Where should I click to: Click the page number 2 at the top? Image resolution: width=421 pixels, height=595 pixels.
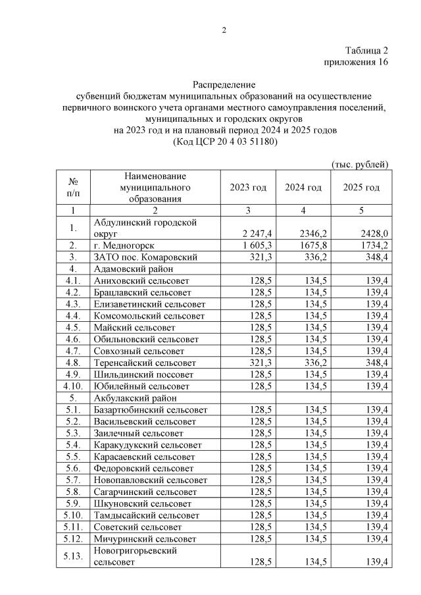click(x=224, y=30)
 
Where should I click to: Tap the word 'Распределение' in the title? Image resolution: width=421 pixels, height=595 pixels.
click(x=224, y=85)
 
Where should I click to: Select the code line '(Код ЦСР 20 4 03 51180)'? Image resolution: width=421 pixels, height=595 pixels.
click(x=224, y=141)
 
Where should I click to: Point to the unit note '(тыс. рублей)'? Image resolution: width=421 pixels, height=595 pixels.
click(x=359, y=164)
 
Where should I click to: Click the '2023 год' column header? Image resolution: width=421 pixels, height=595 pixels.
click(x=248, y=188)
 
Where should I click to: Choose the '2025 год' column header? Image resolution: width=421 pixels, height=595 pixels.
click(x=361, y=188)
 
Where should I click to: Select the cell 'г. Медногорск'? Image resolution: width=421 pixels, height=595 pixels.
click(x=124, y=245)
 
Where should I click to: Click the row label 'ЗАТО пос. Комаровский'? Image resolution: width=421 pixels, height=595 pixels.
click(x=145, y=257)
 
